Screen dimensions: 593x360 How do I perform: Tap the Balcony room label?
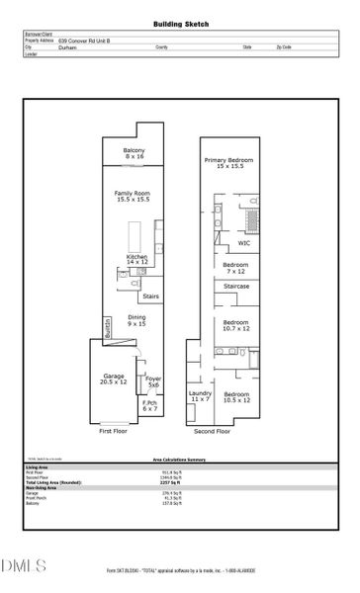pos(135,153)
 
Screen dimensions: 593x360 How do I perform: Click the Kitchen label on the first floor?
pos(136,259)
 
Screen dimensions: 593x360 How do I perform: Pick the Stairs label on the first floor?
pos(151,296)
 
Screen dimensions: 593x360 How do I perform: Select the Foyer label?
pos(152,381)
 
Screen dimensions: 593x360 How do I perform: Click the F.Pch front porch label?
pos(150,405)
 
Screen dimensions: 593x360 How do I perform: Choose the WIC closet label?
pos(244,243)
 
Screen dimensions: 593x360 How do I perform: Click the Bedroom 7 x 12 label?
pos(235,268)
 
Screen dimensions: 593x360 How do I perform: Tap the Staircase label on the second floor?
pos(236,287)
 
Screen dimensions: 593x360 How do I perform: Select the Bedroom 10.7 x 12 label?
pos(235,325)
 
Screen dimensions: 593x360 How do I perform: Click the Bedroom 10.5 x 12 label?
pos(235,397)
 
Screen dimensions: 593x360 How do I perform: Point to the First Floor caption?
pos(114,432)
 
